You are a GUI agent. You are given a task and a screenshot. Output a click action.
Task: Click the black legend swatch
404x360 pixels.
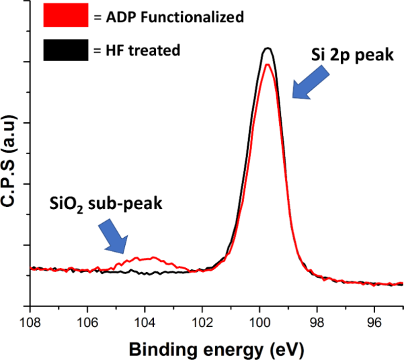tap(66, 50)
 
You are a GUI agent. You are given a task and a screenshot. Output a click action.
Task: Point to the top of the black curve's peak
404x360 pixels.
tap(267, 48)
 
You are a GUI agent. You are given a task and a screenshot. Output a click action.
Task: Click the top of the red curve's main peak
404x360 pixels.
tap(267, 64)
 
